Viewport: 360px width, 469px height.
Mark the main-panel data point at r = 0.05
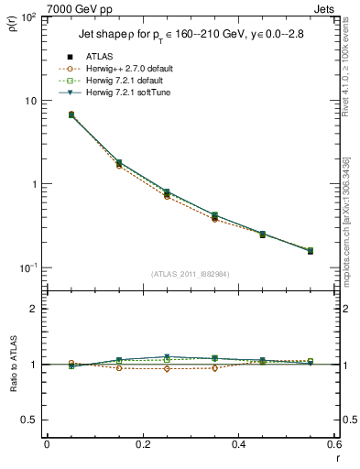[x=71, y=115]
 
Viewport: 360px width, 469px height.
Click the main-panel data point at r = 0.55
[x=310, y=250]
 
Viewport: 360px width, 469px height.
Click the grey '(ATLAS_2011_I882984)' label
[x=191, y=274]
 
